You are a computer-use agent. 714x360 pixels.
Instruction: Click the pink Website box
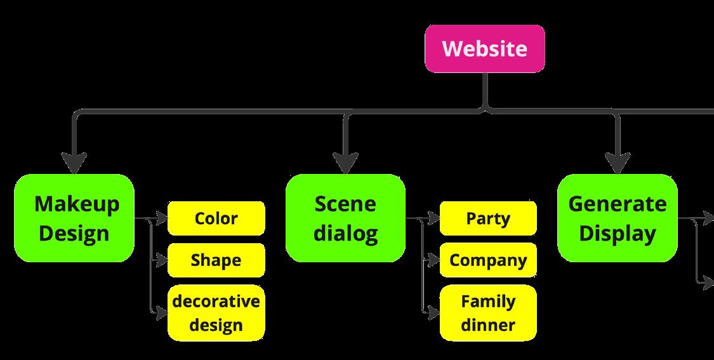click(x=484, y=49)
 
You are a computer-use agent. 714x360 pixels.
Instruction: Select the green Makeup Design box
click(x=74, y=218)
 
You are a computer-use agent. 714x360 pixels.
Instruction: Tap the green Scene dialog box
click(x=345, y=218)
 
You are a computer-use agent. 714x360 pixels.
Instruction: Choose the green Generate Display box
click(x=617, y=218)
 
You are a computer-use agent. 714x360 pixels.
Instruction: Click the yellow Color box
click(x=216, y=218)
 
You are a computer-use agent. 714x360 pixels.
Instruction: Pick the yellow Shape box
click(x=216, y=260)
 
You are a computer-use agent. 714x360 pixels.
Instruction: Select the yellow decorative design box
click(x=216, y=312)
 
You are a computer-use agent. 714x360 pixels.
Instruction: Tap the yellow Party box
click(x=487, y=218)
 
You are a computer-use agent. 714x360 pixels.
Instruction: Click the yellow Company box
click(x=487, y=260)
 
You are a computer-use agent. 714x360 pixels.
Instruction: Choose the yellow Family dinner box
click(x=487, y=312)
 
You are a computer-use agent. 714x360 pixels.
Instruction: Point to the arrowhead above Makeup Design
click(x=75, y=163)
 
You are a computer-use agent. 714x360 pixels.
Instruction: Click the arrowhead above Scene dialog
click(x=345, y=163)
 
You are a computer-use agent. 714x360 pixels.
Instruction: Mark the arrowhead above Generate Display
click(x=617, y=163)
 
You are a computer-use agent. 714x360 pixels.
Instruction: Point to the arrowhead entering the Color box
click(x=161, y=219)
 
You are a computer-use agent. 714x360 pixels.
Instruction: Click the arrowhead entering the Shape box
click(x=161, y=260)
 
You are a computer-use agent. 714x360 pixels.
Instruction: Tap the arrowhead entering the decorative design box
click(x=161, y=312)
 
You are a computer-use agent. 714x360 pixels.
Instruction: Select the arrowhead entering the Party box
click(x=433, y=219)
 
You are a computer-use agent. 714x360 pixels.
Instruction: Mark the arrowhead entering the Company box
click(x=433, y=260)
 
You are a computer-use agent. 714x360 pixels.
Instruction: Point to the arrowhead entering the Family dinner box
click(x=433, y=312)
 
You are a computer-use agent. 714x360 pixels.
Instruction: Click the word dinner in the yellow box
click(x=487, y=325)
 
